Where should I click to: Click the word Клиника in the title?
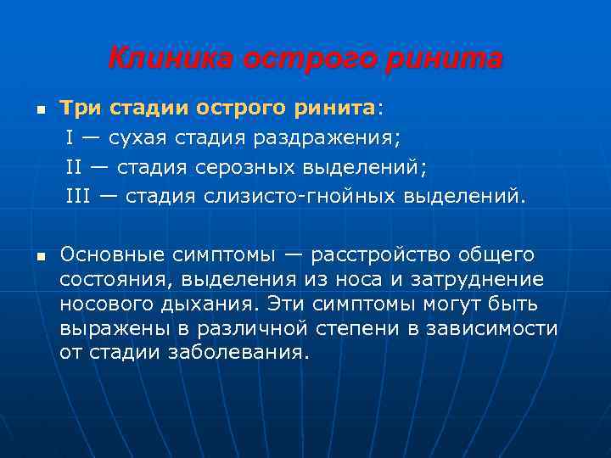(x=171, y=59)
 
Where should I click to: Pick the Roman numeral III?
(x=78, y=197)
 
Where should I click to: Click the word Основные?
(x=113, y=254)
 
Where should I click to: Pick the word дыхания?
(x=216, y=304)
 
